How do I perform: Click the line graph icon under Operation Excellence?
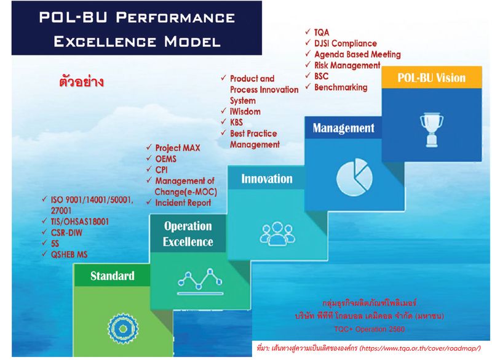(x=199, y=280)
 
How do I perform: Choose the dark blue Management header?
(x=343, y=128)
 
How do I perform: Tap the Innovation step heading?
(x=266, y=178)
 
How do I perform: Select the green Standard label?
(x=112, y=276)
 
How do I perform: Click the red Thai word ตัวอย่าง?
(x=81, y=81)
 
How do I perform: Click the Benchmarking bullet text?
(x=340, y=87)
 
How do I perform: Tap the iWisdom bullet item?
(x=245, y=111)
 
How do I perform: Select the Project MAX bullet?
(x=177, y=148)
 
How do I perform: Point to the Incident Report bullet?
(x=183, y=202)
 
